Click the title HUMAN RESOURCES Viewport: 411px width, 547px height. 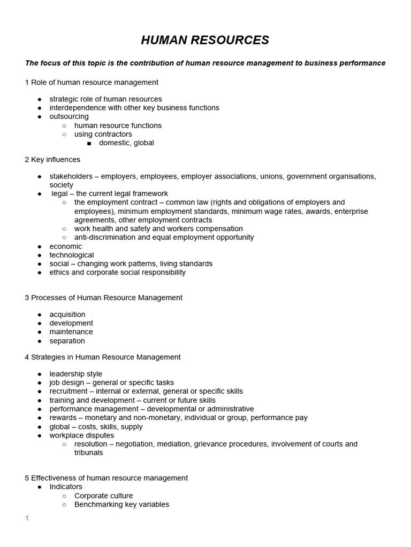205,41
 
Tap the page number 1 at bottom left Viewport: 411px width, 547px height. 27,519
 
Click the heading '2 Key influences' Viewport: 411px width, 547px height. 52,159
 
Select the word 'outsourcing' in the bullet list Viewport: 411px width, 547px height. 69,116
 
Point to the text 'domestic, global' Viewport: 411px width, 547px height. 126,143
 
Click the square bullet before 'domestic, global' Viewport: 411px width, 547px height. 89,143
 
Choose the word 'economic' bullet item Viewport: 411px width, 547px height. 66,246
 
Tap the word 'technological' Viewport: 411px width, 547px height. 72,255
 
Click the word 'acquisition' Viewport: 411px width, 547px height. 67,314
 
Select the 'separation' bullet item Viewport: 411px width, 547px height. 67,341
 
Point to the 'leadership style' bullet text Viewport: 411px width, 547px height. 76,374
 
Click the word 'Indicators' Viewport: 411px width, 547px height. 66,487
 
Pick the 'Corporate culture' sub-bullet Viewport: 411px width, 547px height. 103,496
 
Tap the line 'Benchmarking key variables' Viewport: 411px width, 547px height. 121,504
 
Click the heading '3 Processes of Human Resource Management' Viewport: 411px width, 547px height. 103,298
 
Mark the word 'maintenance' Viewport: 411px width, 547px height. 71,332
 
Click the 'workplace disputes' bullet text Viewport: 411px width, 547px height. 82,435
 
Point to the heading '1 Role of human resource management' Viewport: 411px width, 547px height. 92,82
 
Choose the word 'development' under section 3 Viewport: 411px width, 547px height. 71,323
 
